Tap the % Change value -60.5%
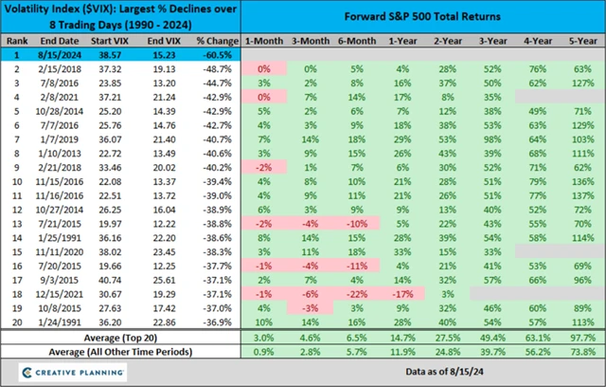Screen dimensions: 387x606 216,57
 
